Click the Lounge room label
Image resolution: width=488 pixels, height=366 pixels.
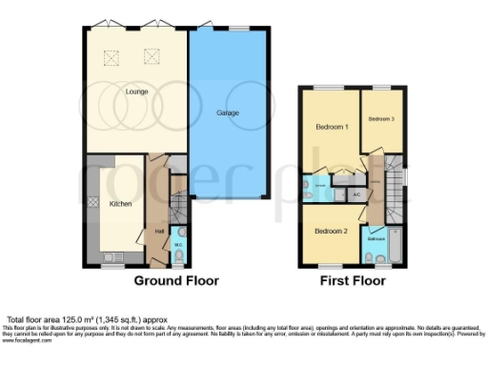click(134, 92)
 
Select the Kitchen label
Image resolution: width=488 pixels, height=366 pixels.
click(121, 204)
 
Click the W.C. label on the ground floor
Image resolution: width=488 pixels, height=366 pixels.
click(177, 245)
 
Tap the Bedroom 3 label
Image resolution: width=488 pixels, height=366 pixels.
click(381, 118)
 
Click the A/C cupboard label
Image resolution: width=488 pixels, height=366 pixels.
click(356, 194)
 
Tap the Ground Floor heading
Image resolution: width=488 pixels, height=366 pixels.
click(176, 281)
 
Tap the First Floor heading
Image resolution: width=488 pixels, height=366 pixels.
click(354, 281)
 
